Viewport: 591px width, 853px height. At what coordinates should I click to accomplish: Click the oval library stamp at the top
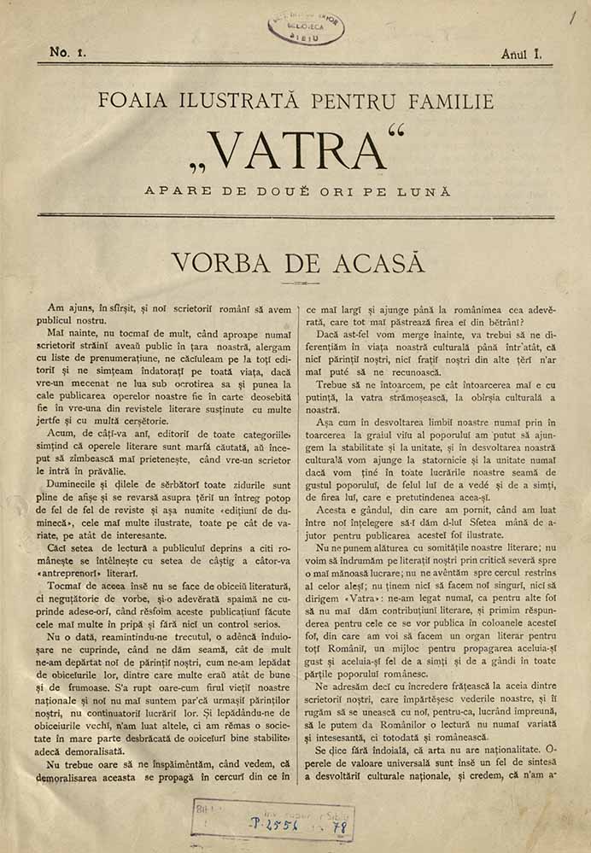click(306, 28)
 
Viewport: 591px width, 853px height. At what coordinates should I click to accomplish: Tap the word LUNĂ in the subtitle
click(424, 191)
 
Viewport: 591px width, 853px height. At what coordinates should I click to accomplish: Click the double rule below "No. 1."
click(295, 65)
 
